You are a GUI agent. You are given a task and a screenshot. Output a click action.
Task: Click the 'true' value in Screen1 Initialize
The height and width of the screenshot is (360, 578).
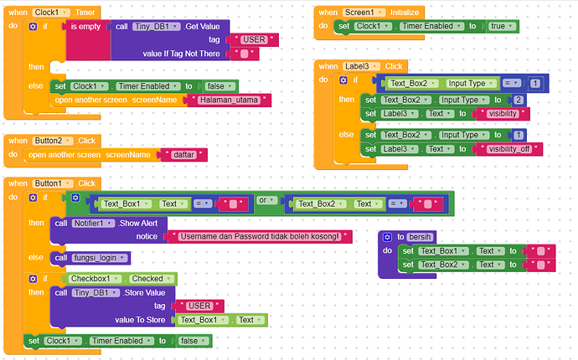point(499,26)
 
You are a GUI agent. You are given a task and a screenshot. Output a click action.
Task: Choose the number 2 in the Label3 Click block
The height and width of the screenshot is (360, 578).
point(519,100)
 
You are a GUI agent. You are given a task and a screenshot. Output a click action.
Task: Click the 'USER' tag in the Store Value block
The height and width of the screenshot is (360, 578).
point(200,306)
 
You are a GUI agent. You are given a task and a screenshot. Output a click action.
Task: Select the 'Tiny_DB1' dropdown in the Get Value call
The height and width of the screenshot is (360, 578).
point(156,27)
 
